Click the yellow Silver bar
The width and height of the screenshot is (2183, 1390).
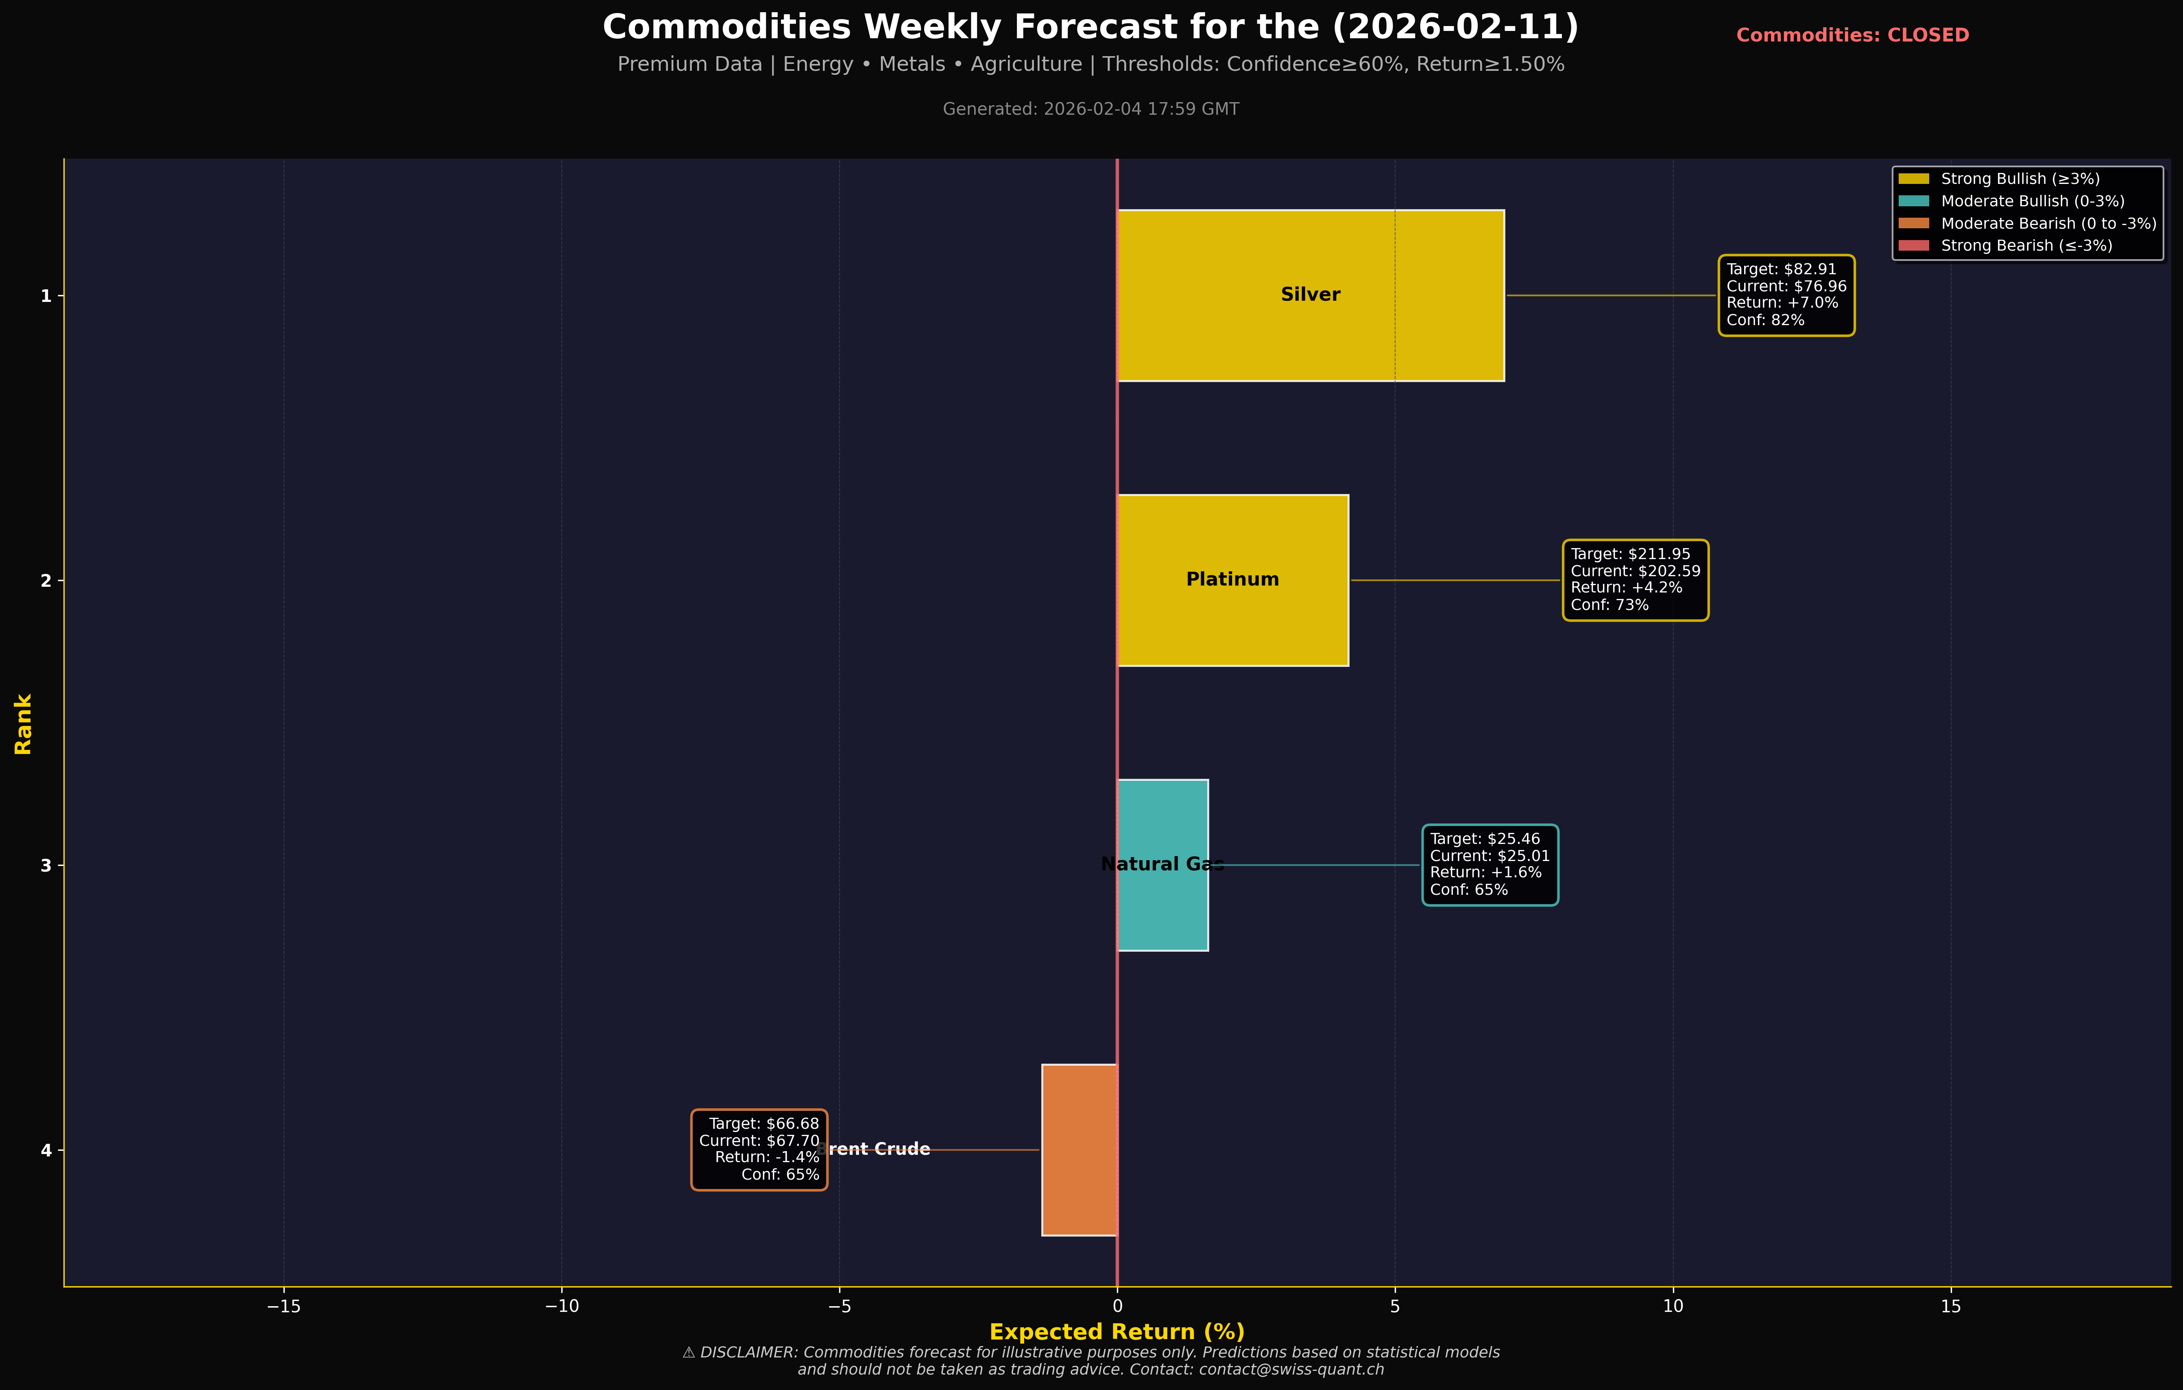pyautogui.click(x=1310, y=335)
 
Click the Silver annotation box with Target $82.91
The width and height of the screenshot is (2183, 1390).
pyautogui.click(x=1786, y=295)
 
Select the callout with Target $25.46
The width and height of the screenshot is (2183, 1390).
pyautogui.click(x=1489, y=864)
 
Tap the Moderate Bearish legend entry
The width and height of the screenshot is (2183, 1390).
pyautogui.click(x=2047, y=223)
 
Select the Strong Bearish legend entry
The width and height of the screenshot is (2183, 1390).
pyautogui.click(x=2025, y=246)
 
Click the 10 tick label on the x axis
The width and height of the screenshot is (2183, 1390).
pyautogui.click(x=1673, y=1307)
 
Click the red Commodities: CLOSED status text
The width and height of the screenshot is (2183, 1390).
pyautogui.click(x=1852, y=35)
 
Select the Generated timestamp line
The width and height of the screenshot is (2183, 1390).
pyautogui.click(x=1090, y=109)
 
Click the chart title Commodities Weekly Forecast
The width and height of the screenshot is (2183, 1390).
pyautogui.click(x=1090, y=27)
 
